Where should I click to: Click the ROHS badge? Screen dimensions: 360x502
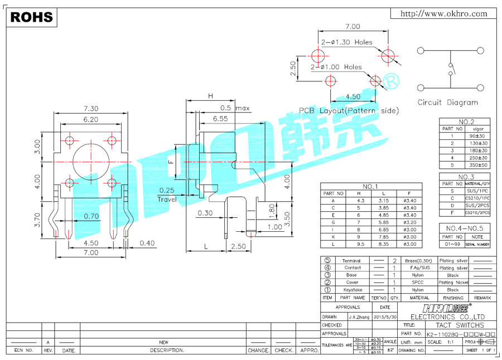point(32,17)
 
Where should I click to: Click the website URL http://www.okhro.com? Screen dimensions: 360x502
point(444,13)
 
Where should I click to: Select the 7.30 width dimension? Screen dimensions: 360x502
point(91,108)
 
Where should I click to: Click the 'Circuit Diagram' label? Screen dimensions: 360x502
point(447,103)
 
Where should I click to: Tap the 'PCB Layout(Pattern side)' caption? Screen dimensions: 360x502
point(349,110)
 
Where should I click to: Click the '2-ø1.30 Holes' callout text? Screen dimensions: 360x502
point(346,42)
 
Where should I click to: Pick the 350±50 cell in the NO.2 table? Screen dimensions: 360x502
point(479,165)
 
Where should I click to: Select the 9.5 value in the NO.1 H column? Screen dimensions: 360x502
point(360,244)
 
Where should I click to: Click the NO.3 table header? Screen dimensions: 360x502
point(466,177)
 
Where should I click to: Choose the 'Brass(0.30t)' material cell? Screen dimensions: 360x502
point(419,261)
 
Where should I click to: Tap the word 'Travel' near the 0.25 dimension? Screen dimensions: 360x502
point(167,199)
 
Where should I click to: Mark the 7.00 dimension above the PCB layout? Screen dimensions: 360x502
point(353,26)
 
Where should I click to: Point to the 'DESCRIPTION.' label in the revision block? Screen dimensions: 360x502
point(167,351)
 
